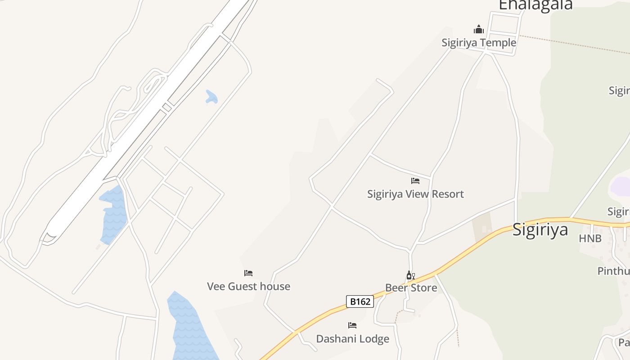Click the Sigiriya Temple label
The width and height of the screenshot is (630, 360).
tap(478, 43)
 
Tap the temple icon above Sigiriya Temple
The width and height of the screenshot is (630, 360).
tap(478, 30)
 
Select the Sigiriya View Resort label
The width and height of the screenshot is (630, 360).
tap(415, 194)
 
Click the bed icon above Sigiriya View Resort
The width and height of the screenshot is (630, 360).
tap(415, 181)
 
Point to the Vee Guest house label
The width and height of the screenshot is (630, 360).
tap(248, 286)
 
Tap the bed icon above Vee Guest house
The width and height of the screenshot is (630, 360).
tap(248, 273)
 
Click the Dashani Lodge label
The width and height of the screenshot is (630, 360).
tap(352, 338)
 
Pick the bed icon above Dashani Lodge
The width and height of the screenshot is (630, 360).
tap(352, 325)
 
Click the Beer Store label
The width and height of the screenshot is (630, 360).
tap(411, 288)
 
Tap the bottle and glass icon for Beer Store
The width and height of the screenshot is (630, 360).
tap(410, 275)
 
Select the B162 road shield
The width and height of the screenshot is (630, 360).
tap(360, 301)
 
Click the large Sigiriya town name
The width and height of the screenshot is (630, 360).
tap(540, 229)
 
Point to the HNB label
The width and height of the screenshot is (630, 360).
tap(590, 238)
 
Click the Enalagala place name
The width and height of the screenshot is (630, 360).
tap(535, 4)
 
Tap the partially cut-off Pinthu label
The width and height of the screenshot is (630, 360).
tap(613, 271)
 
